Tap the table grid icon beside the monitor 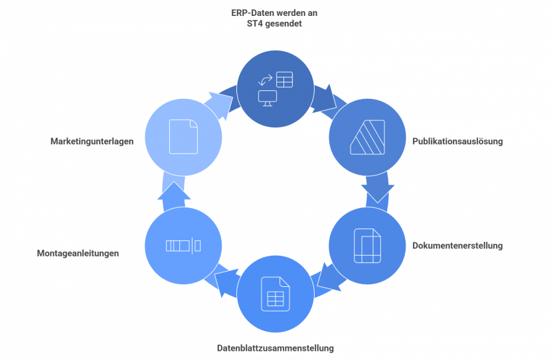pos(284,80)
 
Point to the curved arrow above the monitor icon pos(266,80)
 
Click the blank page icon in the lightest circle pos(183,137)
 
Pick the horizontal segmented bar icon pos(183,246)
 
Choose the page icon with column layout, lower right pos(367,246)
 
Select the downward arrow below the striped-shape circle pos(378,189)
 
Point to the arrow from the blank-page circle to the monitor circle pos(220,103)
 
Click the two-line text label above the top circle pos(274,17)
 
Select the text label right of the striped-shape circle pos(457,142)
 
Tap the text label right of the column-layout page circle pos(457,246)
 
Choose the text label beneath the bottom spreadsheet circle pos(275,348)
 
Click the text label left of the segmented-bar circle pos(78,253)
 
